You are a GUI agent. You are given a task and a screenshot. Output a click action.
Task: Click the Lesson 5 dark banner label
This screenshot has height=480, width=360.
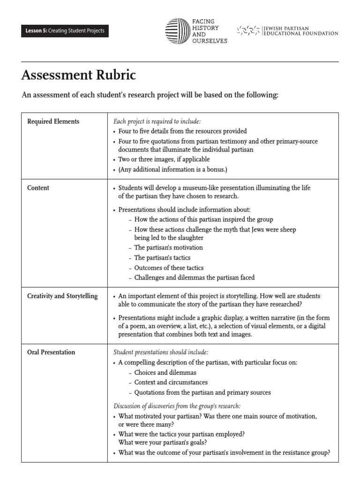coord(65,31)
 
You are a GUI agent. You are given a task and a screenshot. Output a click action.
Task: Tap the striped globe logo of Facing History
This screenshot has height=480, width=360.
coord(177,31)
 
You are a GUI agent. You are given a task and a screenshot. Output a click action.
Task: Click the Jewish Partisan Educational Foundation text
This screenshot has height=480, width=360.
coord(300,31)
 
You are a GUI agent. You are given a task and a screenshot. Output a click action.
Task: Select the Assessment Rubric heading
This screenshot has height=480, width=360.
coord(79,75)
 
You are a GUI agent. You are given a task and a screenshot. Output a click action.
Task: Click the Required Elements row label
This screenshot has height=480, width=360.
coord(53,121)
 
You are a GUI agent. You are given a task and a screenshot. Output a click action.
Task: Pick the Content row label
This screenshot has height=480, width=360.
coord(38,188)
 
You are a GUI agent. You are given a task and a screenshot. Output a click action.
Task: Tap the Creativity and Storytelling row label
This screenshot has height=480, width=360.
coord(62,296)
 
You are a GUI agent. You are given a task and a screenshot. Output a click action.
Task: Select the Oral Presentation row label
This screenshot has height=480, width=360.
coord(51,352)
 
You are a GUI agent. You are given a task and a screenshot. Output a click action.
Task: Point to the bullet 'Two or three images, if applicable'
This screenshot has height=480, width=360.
coord(164,159)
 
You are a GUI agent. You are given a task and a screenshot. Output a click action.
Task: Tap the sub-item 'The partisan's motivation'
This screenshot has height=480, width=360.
coord(168,247)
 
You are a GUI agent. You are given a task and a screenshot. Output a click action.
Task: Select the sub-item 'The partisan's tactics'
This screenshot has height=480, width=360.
coord(162,258)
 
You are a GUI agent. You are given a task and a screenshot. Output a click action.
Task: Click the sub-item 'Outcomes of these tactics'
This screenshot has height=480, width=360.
coord(169,268)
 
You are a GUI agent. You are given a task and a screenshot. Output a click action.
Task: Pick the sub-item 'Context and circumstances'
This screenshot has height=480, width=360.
coord(171,382)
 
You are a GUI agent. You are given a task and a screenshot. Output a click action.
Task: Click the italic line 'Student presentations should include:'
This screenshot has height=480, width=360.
coord(161,352)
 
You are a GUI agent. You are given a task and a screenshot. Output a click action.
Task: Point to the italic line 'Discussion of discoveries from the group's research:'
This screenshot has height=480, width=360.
coord(177,406)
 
